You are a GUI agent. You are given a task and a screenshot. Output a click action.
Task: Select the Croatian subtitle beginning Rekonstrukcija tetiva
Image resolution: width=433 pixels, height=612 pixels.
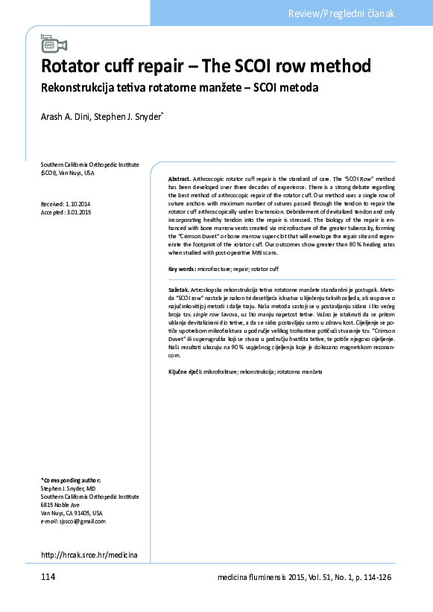[x=179, y=88]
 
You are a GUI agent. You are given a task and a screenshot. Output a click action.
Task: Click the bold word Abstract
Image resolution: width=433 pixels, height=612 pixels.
[x=180, y=181]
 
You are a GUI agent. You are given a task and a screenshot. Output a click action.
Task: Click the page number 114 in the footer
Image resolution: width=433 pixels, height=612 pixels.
[x=50, y=578]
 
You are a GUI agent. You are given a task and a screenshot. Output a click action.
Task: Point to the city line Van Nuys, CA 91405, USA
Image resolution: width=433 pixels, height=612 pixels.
[x=72, y=513]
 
